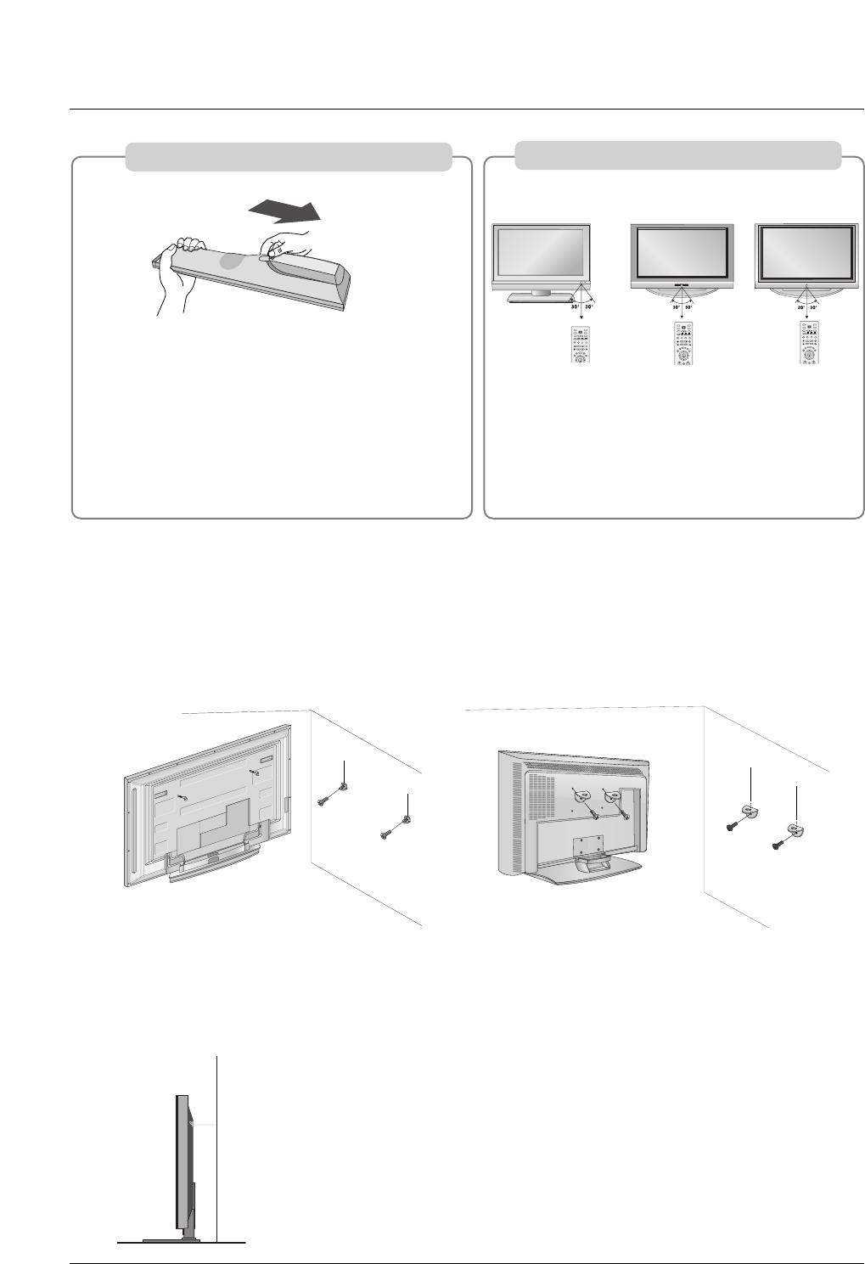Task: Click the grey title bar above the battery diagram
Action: click(288, 157)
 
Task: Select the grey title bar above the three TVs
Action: click(678, 155)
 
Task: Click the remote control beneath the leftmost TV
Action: click(580, 345)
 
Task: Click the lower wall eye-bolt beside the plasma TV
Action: click(407, 820)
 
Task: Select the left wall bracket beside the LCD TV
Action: click(750, 810)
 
